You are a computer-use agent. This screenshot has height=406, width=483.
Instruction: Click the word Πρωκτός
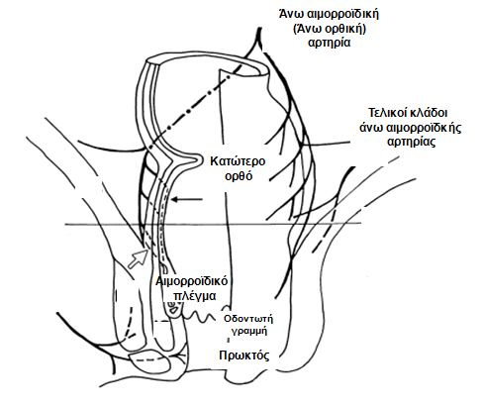point(244,355)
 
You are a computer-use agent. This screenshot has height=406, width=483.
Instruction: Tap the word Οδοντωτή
point(248,319)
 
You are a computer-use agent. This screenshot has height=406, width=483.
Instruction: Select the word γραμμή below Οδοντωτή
point(248,331)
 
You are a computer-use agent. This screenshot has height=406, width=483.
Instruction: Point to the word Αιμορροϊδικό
point(192,281)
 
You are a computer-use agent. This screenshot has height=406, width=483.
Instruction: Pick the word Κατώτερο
point(238,161)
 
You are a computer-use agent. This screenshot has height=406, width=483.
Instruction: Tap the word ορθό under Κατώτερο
point(239,175)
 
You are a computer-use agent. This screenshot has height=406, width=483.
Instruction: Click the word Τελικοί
point(387,113)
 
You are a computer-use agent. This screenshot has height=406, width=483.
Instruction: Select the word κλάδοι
point(429,113)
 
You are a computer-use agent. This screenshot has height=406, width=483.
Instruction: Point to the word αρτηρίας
point(411,142)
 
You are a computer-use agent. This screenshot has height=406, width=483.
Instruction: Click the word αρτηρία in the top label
point(329,43)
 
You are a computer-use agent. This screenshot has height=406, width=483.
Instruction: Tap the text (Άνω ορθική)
point(330,29)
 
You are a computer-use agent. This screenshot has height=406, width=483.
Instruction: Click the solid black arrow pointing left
point(186,199)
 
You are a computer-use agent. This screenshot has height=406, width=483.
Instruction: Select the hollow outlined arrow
point(138,257)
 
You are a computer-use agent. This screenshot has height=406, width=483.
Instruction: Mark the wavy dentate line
point(201,318)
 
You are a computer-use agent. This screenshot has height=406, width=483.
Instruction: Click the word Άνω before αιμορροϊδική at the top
point(291,14)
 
